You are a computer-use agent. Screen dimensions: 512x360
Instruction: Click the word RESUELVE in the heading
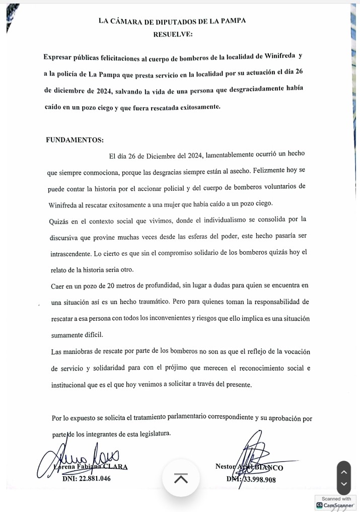[x=172, y=34]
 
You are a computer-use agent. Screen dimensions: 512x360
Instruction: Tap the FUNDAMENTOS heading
[x=75, y=140]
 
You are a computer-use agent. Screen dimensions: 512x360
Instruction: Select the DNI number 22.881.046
[x=86, y=479]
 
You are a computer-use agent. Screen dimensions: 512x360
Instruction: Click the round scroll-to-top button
[x=181, y=478]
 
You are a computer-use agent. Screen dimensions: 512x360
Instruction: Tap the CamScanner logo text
[x=338, y=505]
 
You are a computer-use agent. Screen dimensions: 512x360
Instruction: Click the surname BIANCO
[x=270, y=468]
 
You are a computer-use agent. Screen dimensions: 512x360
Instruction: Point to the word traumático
[x=146, y=302]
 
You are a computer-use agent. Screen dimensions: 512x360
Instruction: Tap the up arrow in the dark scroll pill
[x=344, y=472]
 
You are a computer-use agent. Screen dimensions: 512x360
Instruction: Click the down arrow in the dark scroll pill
[x=344, y=484]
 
